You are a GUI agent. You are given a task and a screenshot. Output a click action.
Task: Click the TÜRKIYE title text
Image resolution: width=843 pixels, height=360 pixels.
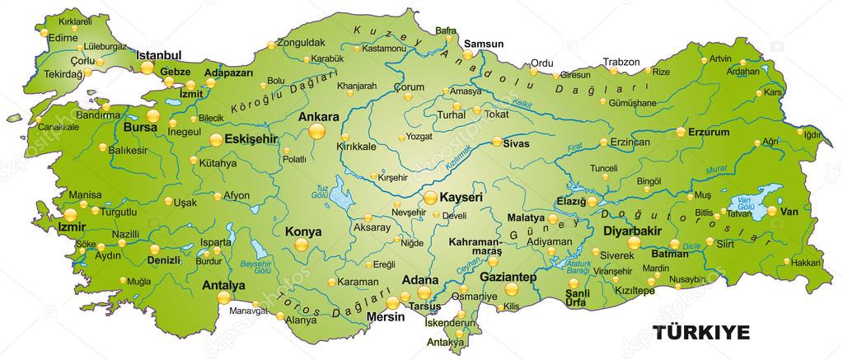coord(701,332)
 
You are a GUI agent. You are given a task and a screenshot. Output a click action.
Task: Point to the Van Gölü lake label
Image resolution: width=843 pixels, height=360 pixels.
coord(746,200)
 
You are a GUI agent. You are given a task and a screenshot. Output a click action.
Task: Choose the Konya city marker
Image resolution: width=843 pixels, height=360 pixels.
coord(302,245)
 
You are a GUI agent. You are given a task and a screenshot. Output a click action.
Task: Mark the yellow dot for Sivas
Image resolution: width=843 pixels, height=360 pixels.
coord(497,142)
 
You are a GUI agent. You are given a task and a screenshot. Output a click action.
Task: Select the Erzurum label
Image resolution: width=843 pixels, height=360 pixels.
coord(710,131)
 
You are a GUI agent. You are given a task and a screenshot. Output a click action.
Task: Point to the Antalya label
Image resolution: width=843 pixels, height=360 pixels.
coord(223,286)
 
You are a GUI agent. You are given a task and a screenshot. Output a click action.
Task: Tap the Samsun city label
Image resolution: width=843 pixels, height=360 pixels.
coord(484,44)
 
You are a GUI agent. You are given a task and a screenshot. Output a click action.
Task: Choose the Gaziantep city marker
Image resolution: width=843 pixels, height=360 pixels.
coord(511,289)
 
